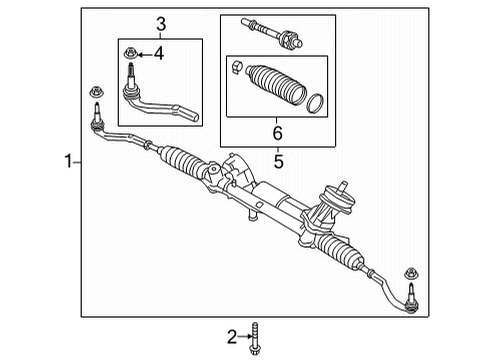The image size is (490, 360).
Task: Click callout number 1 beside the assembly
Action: click(68, 160)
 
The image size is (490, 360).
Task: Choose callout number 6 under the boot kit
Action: click(278, 131)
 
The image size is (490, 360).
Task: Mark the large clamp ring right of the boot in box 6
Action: click(314, 104)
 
